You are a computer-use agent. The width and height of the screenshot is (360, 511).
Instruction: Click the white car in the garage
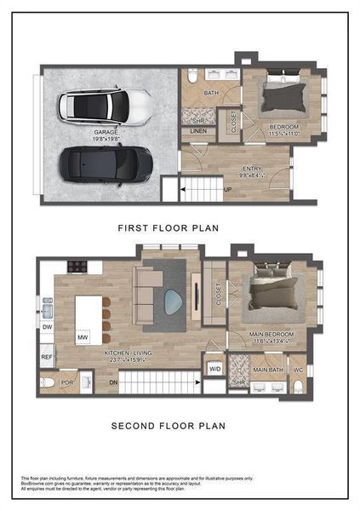click(106, 106)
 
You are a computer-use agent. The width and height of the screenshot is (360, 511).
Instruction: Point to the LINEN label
click(198, 130)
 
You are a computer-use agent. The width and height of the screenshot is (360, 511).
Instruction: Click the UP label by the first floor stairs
click(227, 189)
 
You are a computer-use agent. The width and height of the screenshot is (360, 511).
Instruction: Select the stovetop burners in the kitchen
click(77, 266)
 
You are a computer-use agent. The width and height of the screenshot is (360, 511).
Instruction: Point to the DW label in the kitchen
click(47, 326)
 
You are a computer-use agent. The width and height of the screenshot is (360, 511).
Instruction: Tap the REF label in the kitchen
click(47, 359)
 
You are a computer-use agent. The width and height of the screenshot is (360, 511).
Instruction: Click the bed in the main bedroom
click(272, 292)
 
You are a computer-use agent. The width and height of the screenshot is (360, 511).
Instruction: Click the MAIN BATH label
click(269, 370)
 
